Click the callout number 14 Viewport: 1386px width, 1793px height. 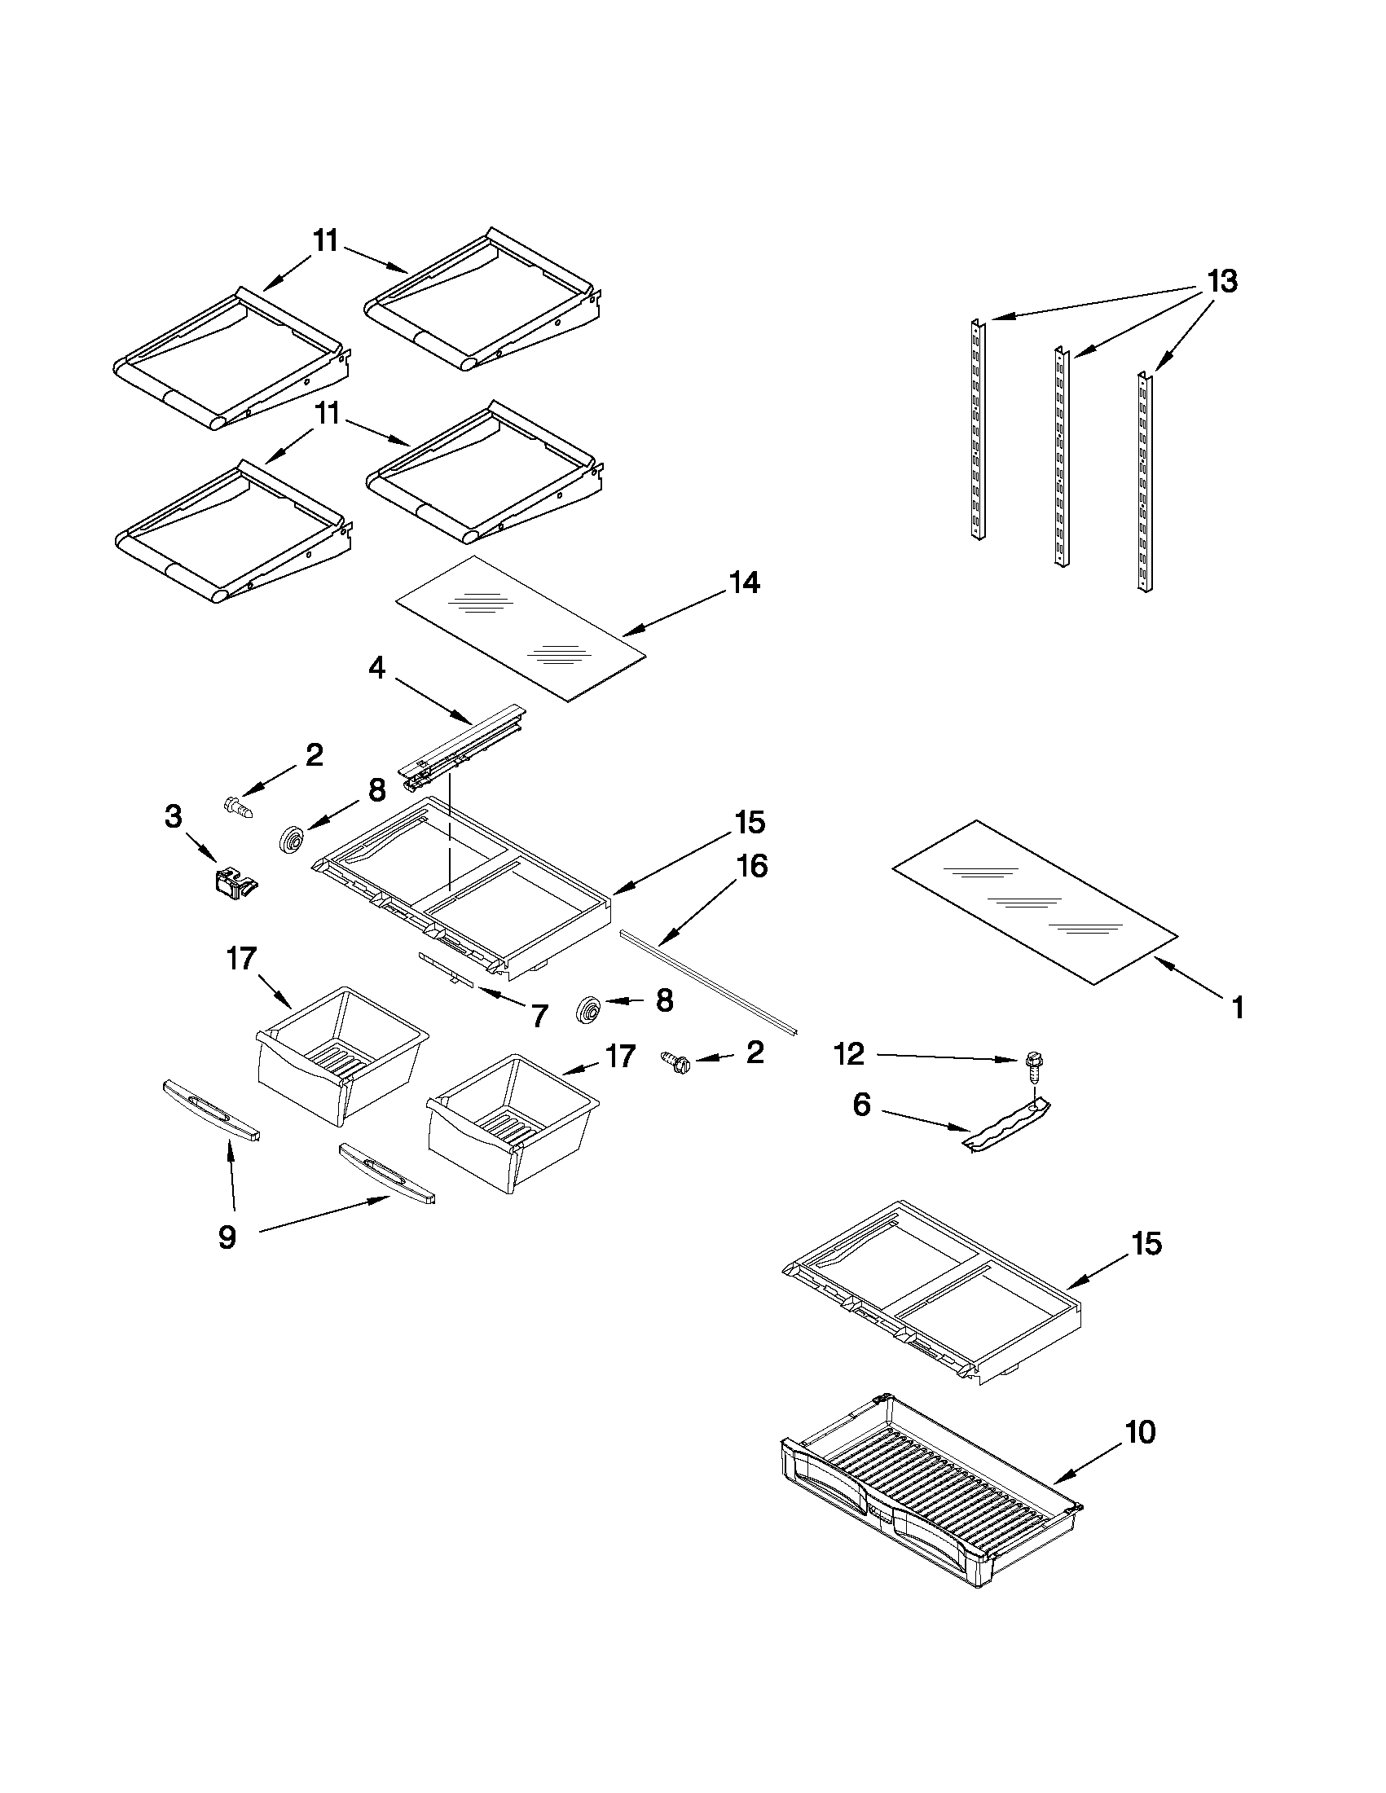[x=744, y=584]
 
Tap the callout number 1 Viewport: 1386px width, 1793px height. [x=1238, y=1008]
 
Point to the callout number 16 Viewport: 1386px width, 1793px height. [x=752, y=866]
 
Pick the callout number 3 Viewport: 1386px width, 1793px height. [x=174, y=817]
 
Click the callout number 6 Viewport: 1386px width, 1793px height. [x=861, y=1104]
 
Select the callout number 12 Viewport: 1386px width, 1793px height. [x=849, y=1054]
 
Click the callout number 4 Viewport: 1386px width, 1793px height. [x=376, y=668]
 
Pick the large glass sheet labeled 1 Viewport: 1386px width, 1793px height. [x=1035, y=901]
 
